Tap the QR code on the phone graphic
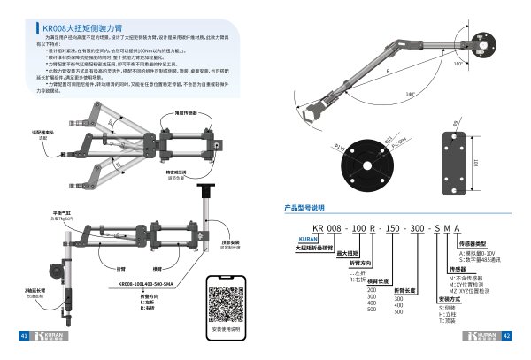(223, 299)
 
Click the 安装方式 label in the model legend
(427, 298)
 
